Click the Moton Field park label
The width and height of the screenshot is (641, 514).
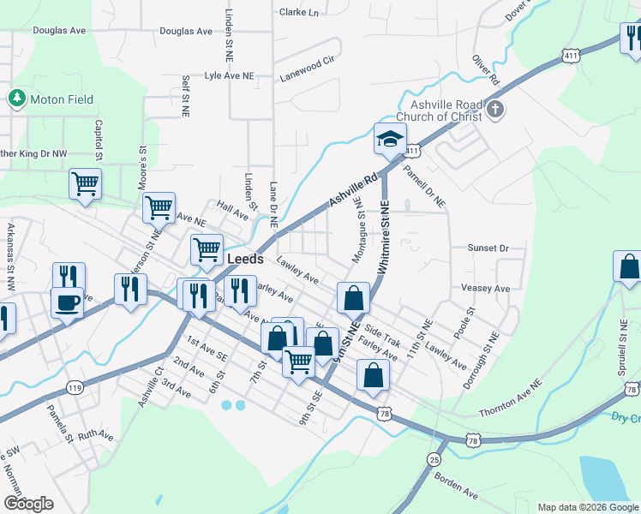(x=62, y=99)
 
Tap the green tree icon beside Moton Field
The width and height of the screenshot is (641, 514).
(x=16, y=99)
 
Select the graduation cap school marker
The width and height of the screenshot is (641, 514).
(x=389, y=140)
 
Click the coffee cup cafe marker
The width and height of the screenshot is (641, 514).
(x=67, y=302)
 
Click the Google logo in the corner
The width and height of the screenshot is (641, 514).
(x=28, y=504)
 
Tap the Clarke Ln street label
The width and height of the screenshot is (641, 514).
(x=298, y=13)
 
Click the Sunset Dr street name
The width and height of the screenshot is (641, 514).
(x=488, y=248)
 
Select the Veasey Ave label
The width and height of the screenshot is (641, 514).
(x=486, y=288)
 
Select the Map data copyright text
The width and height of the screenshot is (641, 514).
(x=587, y=507)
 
